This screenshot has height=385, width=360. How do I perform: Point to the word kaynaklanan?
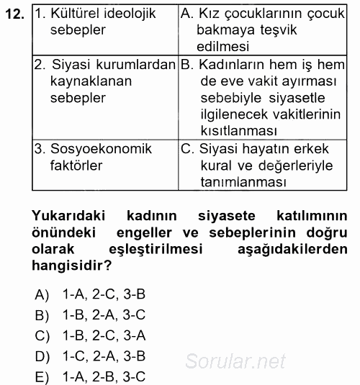(x=91, y=81)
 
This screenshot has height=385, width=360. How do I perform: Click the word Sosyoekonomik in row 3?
(x=101, y=149)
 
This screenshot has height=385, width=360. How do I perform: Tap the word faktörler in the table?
(x=76, y=166)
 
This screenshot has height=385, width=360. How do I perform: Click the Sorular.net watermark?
(x=235, y=362)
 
